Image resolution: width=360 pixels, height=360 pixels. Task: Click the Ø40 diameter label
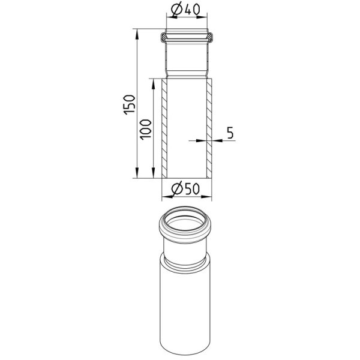click(185, 10)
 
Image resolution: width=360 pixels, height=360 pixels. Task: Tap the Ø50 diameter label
click(185, 189)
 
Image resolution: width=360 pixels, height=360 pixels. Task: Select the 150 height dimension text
click(129, 104)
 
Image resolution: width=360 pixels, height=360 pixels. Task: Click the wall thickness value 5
click(230, 133)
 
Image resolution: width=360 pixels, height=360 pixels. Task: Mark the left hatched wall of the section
click(164, 128)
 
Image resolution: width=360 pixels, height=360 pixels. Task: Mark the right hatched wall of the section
click(209, 128)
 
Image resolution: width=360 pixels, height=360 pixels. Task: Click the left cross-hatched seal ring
click(163, 37)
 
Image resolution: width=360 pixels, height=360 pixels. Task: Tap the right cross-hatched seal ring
click(210, 37)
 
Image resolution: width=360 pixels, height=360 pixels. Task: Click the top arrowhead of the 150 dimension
click(137, 34)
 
